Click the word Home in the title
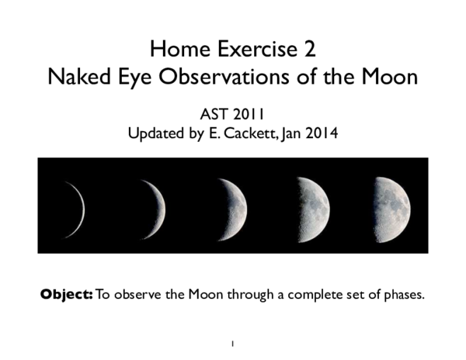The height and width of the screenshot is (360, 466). coord(172,51)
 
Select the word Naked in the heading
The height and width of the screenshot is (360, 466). coord(79,78)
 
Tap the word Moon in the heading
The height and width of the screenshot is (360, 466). coord(390,78)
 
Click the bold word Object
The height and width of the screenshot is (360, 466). coord(66,295)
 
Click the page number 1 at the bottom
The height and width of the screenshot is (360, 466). coord(232,342)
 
